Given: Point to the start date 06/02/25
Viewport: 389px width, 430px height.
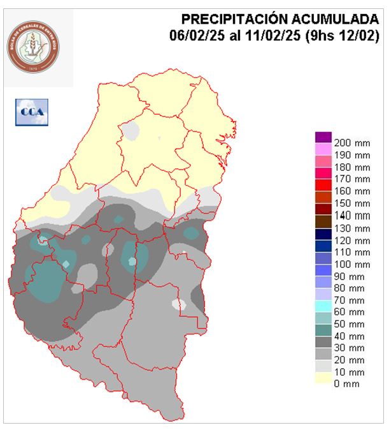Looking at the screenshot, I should (x=194, y=36).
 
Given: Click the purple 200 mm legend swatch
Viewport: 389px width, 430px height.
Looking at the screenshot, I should (x=323, y=137).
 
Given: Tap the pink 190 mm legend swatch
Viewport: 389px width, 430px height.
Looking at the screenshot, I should (x=323, y=149).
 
